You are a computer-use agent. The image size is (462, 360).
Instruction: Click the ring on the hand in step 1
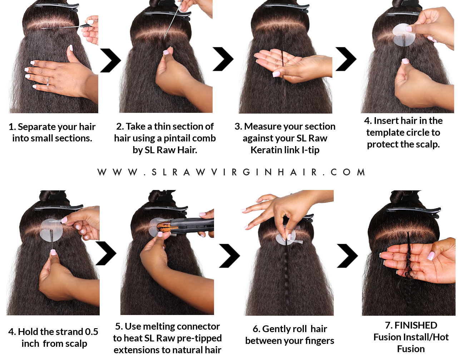[48, 81]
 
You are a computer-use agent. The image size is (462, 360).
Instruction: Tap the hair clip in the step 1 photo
[57, 7]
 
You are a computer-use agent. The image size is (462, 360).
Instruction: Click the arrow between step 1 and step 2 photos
[110, 60]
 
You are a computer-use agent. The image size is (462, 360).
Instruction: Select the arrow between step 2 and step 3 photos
[223, 59]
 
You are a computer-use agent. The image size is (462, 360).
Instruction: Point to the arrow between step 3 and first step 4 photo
[346, 59]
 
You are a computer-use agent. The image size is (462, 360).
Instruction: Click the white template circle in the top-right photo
[403, 35]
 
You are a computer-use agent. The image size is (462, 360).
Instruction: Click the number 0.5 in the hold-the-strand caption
[91, 331]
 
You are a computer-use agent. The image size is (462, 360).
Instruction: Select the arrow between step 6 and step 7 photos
[347, 256]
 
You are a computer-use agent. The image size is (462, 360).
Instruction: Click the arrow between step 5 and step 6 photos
[230, 256]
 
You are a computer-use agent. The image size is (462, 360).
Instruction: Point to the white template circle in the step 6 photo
[285, 237]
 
